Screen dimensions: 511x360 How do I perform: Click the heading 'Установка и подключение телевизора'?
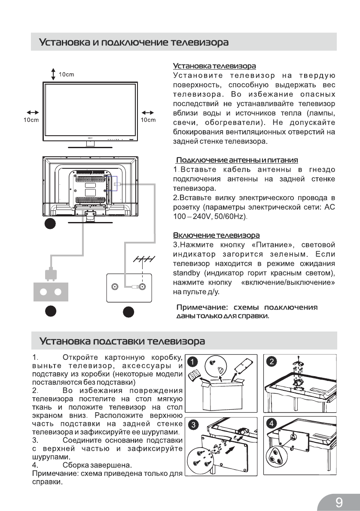tap(134, 43)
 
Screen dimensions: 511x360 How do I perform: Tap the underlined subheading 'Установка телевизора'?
tap(214, 66)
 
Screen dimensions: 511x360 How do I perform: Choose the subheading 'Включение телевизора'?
tap(216, 235)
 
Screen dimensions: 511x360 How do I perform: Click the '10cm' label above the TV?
tap(67, 74)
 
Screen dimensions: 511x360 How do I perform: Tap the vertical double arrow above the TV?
tap(53, 74)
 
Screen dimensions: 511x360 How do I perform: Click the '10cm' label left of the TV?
tap(31, 120)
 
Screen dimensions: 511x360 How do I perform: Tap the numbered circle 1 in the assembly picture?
tap(194, 362)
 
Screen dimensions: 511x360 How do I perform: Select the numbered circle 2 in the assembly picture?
tap(272, 362)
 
